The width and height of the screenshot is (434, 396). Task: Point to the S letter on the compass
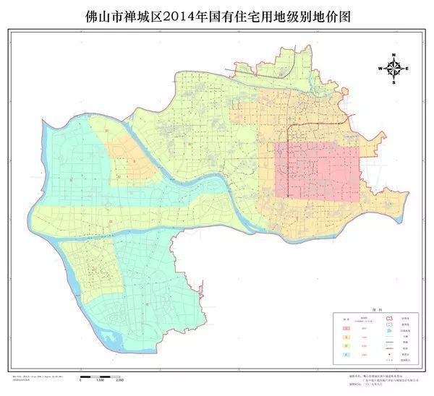(x=394, y=83)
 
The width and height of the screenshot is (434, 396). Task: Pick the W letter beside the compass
(x=380, y=69)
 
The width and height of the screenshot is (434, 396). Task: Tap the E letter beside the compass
(x=408, y=69)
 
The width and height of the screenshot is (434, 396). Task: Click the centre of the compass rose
(x=394, y=69)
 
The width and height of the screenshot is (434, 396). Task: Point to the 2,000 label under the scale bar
(x=121, y=380)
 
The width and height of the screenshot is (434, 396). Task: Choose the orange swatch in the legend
(x=346, y=336)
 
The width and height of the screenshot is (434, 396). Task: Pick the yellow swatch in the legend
(x=346, y=345)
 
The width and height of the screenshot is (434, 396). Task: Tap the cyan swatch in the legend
(x=346, y=355)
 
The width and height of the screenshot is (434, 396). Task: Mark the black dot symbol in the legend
(x=388, y=355)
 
